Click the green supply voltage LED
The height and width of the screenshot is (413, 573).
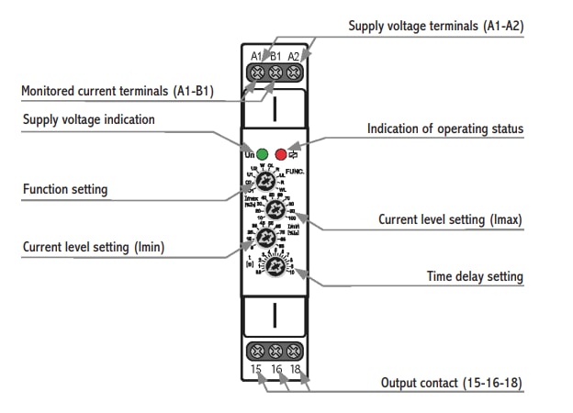tap(262, 153)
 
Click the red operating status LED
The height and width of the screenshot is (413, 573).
tap(281, 153)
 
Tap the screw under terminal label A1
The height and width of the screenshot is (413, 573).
tap(257, 71)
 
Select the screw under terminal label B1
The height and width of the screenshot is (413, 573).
tap(275, 71)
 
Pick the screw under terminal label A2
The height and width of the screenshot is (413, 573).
tap(294, 71)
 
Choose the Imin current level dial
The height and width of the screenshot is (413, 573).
tap(265, 239)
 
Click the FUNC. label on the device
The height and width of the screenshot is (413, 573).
tap(296, 172)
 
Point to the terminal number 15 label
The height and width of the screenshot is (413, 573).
tap(256, 370)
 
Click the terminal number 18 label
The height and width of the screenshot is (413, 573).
tap(295, 370)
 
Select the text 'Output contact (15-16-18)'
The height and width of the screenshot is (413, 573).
tap(452, 382)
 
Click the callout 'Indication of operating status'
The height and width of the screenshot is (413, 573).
tap(445, 128)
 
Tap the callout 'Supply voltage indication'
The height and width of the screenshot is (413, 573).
tap(88, 119)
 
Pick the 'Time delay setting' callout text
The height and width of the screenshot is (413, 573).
tap(475, 275)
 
